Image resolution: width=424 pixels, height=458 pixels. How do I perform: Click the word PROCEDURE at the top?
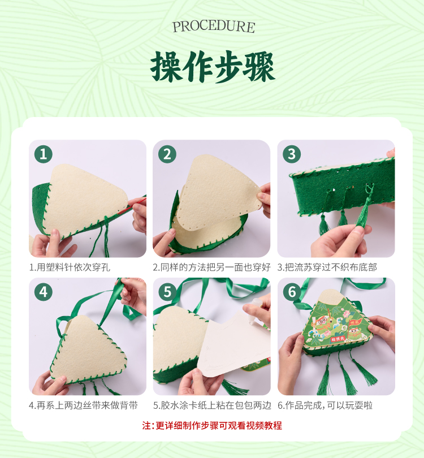point(214,27)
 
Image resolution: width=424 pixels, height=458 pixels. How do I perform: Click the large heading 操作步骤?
point(213,67)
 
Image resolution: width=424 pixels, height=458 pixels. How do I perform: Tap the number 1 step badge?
point(43,154)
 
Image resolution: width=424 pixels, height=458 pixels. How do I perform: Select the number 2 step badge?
point(167,154)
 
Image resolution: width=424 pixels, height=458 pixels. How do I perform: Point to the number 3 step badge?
point(291,154)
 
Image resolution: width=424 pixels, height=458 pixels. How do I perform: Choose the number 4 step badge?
point(43,292)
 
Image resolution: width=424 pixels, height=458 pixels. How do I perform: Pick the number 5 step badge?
point(167,292)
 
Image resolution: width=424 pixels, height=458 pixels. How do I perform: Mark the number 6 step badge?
point(292,292)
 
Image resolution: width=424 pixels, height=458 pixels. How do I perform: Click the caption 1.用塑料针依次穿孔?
point(70,267)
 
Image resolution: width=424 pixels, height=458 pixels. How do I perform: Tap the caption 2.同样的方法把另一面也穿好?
point(211,267)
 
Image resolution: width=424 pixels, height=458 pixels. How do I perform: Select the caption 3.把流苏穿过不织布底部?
point(327,267)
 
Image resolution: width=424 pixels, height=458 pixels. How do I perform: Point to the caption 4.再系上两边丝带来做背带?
point(83,405)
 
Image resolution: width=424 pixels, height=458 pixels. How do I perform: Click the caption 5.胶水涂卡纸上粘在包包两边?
point(213,405)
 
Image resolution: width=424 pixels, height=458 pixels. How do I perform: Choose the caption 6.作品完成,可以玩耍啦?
point(325,405)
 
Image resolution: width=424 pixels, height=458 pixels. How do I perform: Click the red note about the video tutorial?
point(212,426)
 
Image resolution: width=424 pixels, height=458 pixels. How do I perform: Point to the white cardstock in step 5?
point(233,345)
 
